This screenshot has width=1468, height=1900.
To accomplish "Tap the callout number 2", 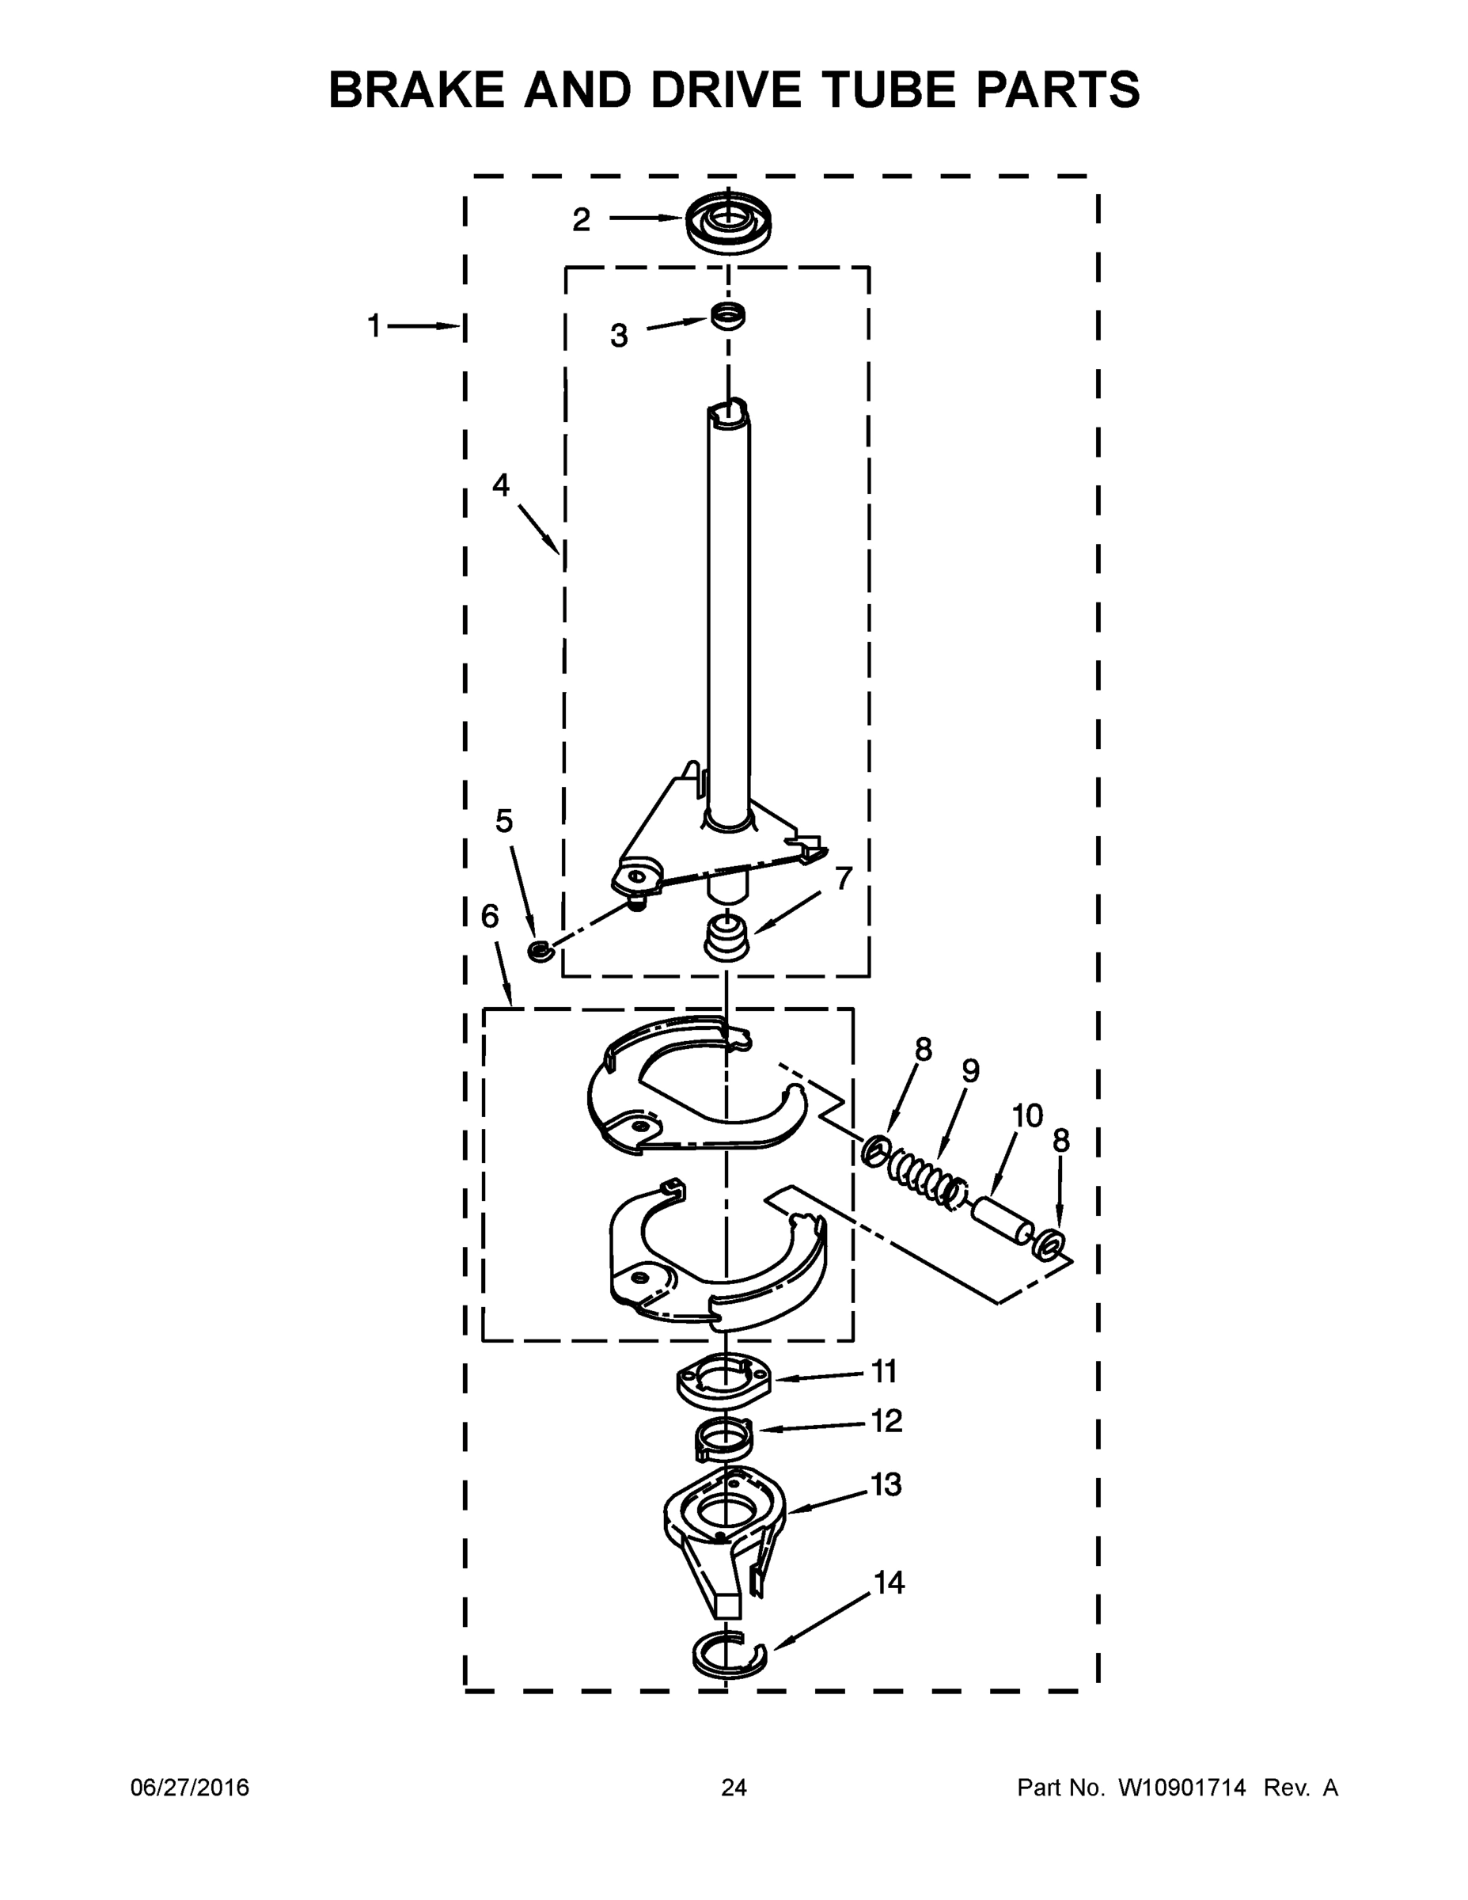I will (x=581, y=220).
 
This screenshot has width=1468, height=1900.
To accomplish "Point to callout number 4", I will (x=501, y=484).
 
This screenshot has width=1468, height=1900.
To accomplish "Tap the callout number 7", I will (x=843, y=878).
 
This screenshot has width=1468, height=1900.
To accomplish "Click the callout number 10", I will (x=1027, y=1115).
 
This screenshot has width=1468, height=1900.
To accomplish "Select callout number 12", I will (x=887, y=1421).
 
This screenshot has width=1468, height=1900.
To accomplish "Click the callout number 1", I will (x=374, y=327).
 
